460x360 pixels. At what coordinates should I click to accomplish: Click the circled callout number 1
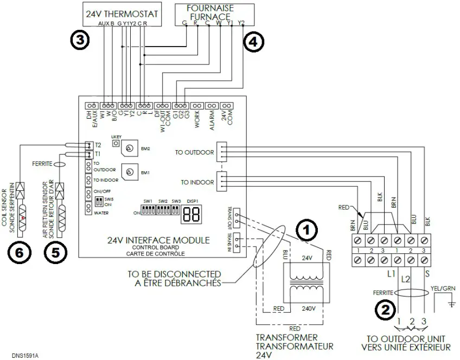pyautogui.click(x=307, y=230)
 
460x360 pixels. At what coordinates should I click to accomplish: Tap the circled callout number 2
pyautogui.click(x=385, y=310)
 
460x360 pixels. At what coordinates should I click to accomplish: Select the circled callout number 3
pyautogui.click(x=80, y=40)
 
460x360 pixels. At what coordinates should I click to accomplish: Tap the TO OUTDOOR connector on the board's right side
pyautogui.click(x=221, y=152)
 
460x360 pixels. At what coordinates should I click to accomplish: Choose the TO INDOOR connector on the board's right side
pyautogui.click(x=221, y=182)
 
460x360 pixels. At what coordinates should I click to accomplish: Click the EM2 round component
pyautogui.click(x=129, y=148)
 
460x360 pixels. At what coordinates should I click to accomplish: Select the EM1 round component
pyautogui.click(x=129, y=172)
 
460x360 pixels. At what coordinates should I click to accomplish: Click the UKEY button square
pyautogui.click(x=116, y=143)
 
